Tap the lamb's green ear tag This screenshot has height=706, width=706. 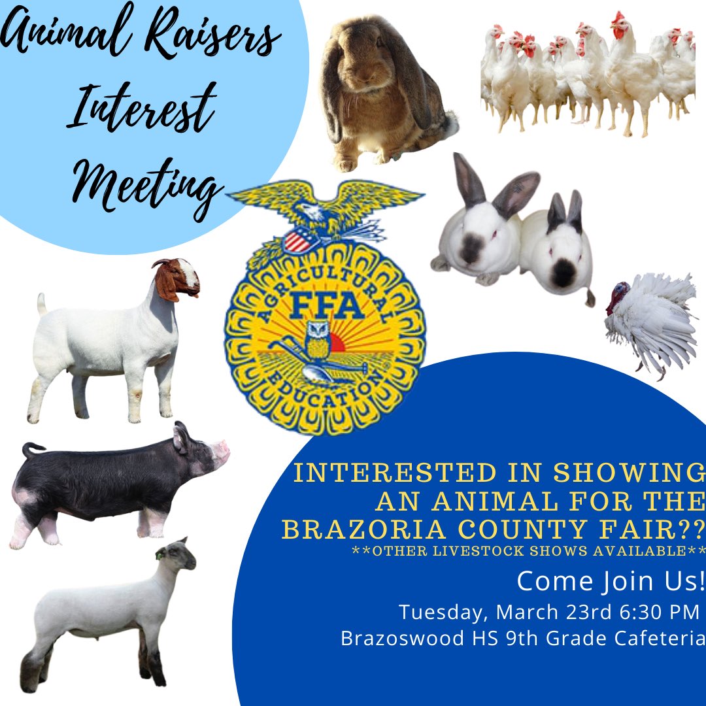(x=159, y=555)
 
